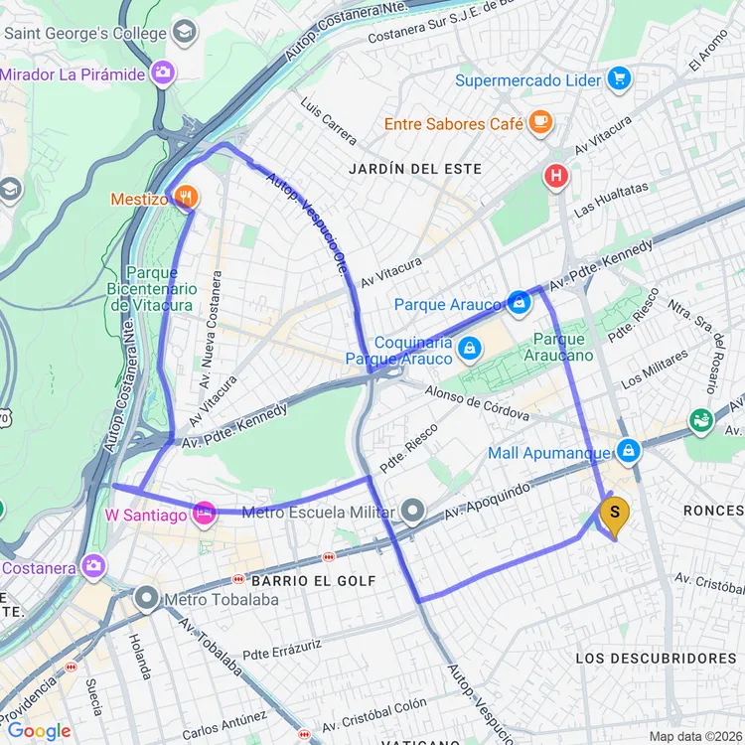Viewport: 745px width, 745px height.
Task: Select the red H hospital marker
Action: point(556,178)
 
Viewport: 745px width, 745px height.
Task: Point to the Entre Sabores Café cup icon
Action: point(540,122)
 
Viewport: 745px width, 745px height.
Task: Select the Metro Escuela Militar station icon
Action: point(413,513)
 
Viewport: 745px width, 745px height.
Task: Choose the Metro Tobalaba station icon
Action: point(147,599)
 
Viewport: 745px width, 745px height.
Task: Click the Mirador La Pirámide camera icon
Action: point(163,73)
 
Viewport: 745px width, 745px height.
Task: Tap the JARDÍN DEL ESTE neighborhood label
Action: point(415,169)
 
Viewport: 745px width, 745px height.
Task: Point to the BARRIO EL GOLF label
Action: point(314,580)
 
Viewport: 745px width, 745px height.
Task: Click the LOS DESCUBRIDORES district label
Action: point(656,659)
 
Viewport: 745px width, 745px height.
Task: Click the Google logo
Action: point(39,731)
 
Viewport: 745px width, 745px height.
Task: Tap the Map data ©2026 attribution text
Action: point(691,735)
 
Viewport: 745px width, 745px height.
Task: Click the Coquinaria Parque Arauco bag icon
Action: point(470,349)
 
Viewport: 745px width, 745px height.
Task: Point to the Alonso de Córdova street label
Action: point(477,402)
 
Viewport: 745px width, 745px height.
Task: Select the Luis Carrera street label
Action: point(328,120)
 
